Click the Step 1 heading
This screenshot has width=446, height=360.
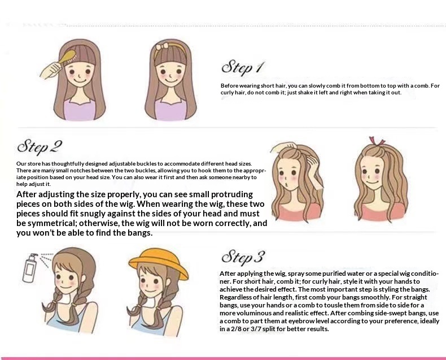coord(243,68)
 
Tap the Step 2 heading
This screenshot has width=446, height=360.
coord(40,146)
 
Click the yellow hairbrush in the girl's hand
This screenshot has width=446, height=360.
coord(67,57)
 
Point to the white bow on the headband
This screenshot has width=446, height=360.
coord(163,47)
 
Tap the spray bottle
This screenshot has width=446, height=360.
coord(30,268)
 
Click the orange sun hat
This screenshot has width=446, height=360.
coord(159,263)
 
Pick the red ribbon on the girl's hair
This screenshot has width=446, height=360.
coord(377,141)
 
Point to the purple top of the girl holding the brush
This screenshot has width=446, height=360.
coord(80,110)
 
